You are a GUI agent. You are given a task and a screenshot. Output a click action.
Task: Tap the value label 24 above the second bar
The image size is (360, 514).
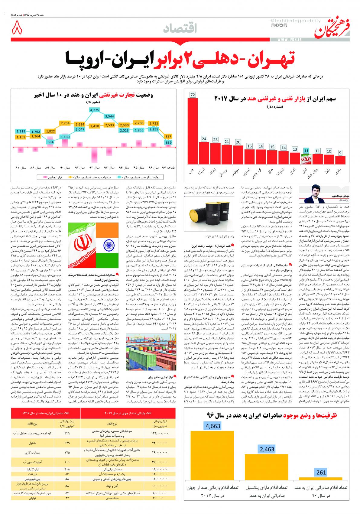click(x=204, y=139)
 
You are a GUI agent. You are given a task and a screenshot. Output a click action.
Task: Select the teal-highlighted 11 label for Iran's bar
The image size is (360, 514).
click(x=306, y=151)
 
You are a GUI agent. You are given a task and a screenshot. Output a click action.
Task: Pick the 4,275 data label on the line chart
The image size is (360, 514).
click(x=95, y=110)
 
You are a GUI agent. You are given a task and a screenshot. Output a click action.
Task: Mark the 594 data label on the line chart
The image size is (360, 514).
click(x=50, y=142)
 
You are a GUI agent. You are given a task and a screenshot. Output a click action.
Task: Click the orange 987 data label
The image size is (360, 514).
click(x=168, y=136)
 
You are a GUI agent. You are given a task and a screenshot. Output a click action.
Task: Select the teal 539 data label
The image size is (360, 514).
click(x=168, y=142)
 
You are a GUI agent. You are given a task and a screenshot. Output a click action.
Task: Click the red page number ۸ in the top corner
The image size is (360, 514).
click(x=17, y=29)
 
